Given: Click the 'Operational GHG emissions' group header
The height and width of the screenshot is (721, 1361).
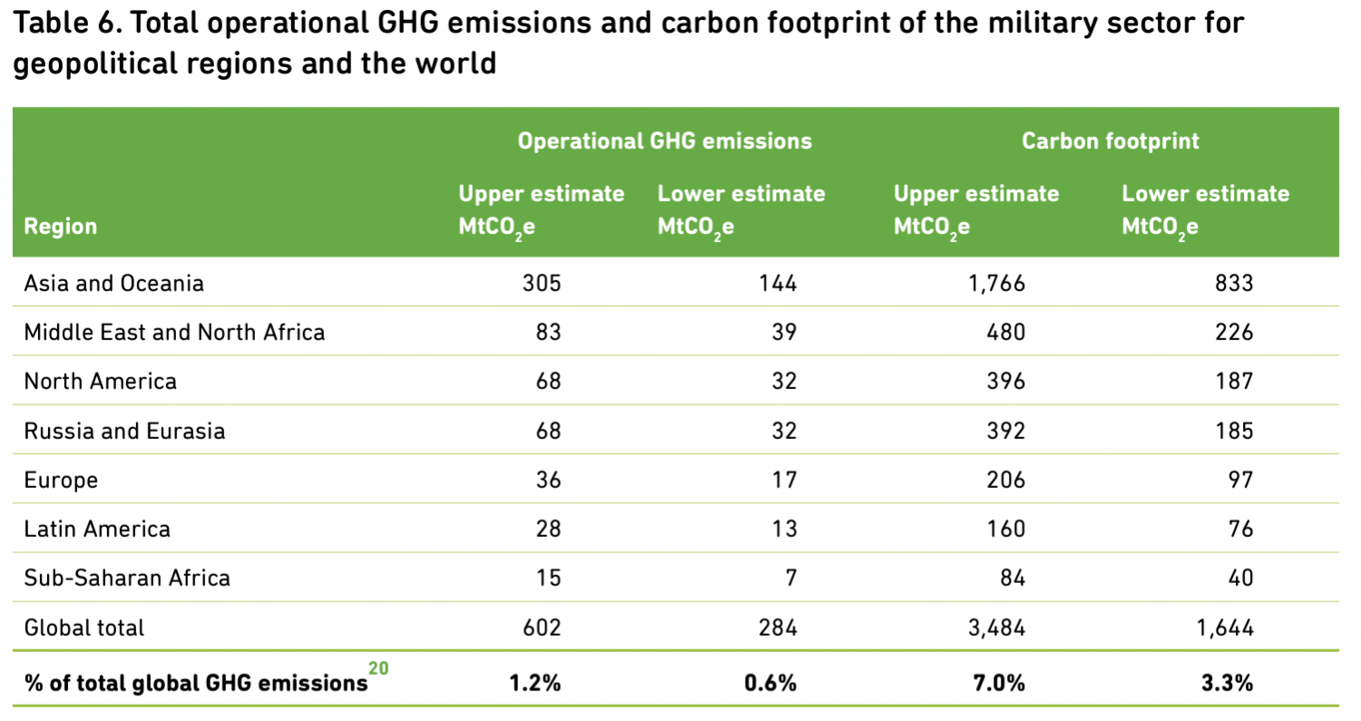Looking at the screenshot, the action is pos(665,141).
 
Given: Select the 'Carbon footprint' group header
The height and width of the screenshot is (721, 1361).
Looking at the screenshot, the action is pos(1110,141).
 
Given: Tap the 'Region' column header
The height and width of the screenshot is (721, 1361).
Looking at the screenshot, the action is pos(60,226).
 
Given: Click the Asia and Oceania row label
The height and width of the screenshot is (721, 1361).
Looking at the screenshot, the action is pos(113,283).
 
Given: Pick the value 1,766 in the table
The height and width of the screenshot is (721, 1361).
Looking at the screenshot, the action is pos(996,283).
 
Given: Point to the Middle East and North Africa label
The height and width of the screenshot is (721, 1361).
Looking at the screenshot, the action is pos(174,332).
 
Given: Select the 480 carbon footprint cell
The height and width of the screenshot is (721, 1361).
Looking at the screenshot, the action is pos(1005,332).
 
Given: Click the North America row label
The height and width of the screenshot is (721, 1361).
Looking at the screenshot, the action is pos(100,382).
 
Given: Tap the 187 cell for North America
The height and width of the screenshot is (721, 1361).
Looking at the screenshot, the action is pos(1234,382).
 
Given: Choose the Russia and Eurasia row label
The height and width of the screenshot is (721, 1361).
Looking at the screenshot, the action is pos(124,431).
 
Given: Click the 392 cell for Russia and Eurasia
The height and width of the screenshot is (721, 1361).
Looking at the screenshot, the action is pos(1005,431).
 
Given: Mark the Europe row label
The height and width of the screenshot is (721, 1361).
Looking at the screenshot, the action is pos(61,480).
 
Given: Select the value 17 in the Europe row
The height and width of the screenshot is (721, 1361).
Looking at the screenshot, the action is pos(785,480).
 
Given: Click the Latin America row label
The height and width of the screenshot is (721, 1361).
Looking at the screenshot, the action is pos(97,529).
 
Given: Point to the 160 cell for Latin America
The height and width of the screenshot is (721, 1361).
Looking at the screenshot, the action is pos(1005,529).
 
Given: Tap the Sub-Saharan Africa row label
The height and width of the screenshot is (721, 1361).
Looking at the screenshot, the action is pos(127,578).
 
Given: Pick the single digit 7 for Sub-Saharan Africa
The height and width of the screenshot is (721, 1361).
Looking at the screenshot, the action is pos(790,578).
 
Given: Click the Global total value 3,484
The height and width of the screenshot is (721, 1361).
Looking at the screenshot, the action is pos(996,628).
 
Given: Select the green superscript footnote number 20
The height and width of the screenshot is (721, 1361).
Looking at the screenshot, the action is pos(378,668).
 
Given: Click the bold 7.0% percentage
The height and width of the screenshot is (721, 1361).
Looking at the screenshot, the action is pos(999,683).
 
